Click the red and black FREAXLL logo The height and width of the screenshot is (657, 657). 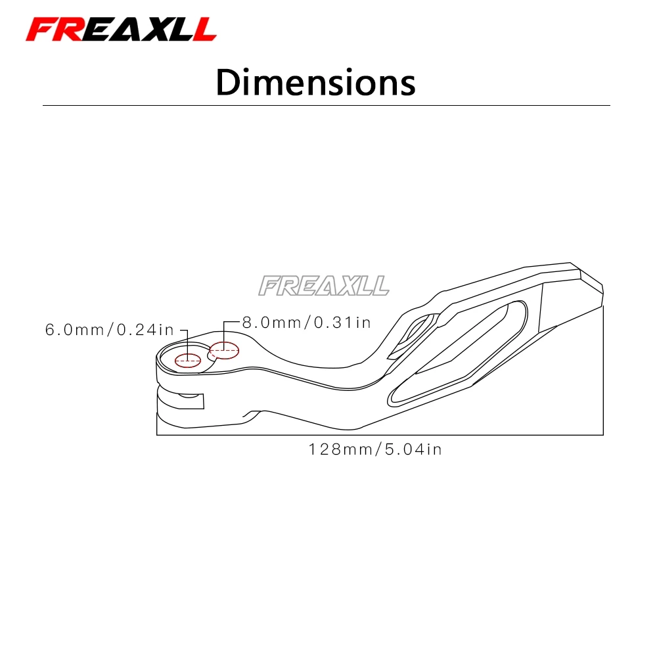(x=121, y=30)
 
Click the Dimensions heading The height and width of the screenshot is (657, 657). (x=315, y=83)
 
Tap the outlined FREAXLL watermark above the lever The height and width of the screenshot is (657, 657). (x=323, y=286)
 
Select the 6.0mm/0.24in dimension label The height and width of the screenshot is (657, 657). (x=109, y=330)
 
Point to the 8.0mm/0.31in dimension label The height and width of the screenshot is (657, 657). (x=307, y=322)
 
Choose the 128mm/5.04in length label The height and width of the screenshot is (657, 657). (x=375, y=449)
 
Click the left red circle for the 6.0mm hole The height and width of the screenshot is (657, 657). (x=188, y=360)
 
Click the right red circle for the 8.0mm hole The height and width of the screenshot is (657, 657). (x=224, y=350)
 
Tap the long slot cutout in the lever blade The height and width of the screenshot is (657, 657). (x=457, y=353)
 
